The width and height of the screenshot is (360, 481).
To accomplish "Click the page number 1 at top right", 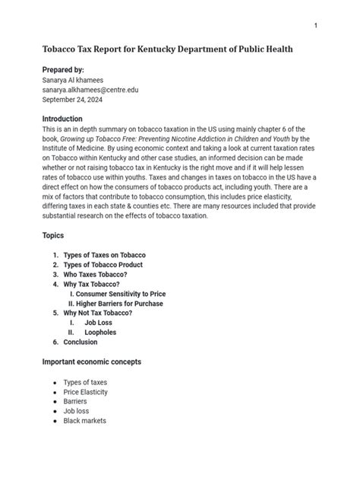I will click(315, 26).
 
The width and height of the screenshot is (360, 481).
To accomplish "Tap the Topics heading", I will click(53, 236).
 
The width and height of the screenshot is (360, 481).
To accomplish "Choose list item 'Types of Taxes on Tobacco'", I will click(105, 255).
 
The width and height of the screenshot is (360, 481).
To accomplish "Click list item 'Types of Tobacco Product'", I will click(103, 265).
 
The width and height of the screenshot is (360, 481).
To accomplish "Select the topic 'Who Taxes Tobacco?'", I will click(94, 274).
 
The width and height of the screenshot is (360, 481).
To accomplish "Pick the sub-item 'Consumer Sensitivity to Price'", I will click(122, 294).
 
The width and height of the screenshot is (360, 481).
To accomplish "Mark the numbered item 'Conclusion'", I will click(81, 342).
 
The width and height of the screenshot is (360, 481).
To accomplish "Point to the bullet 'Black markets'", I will click(84, 420).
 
